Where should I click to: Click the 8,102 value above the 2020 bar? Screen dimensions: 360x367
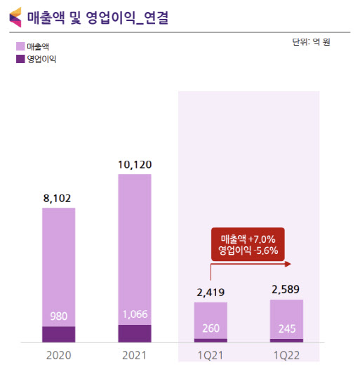(x=57, y=199)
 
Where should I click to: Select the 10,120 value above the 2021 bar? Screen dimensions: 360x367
(x=135, y=165)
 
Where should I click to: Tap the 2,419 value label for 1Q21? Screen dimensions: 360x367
(x=211, y=293)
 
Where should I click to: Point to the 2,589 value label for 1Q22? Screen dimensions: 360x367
(x=286, y=290)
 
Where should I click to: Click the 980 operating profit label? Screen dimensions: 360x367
(x=59, y=316)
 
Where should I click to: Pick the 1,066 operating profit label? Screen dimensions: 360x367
(x=135, y=314)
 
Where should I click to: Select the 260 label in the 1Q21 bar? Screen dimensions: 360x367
(x=211, y=328)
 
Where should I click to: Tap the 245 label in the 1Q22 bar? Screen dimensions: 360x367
(x=287, y=329)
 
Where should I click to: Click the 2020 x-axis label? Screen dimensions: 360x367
(x=58, y=356)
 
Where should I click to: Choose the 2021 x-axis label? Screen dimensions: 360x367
(x=134, y=356)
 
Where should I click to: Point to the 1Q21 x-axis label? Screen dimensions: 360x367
(x=211, y=356)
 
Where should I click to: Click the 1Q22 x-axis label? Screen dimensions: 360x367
(x=286, y=356)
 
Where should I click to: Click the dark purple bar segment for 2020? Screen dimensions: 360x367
(x=59, y=335)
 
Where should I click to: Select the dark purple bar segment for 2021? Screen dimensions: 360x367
(x=135, y=333)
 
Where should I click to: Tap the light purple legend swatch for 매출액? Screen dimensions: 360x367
(x=20, y=46)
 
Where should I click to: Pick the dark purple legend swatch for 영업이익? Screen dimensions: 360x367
(x=20, y=59)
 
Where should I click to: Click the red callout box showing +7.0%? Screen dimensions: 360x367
(x=248, y=244)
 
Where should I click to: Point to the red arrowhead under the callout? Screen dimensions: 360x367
(x=288, y=265)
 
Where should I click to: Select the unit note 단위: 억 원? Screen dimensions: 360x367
(x=311, y=42)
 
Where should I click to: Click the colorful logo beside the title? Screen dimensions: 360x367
(x=15, y=18)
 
